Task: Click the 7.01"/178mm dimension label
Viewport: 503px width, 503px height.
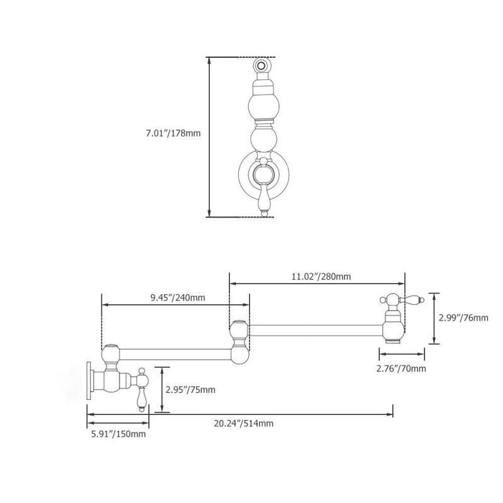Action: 174,133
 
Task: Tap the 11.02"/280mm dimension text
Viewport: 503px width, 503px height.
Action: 321,276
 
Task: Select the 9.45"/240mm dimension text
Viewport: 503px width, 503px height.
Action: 178,297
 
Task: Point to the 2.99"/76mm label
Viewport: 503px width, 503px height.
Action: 463,318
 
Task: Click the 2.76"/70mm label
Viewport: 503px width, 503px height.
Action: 401,368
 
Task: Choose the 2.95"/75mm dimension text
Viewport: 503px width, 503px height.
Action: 191,390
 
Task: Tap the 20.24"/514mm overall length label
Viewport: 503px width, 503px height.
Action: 243,423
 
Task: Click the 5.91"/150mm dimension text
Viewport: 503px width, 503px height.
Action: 118,434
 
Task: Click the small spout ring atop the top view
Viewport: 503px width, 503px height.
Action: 261,66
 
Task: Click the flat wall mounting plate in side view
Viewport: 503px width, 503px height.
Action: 89,381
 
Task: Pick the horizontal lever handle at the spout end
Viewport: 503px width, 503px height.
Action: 412,300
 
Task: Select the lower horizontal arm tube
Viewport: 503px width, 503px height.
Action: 175,355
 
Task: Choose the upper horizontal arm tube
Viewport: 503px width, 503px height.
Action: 316,331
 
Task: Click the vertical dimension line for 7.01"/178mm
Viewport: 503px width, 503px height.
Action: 209,137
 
